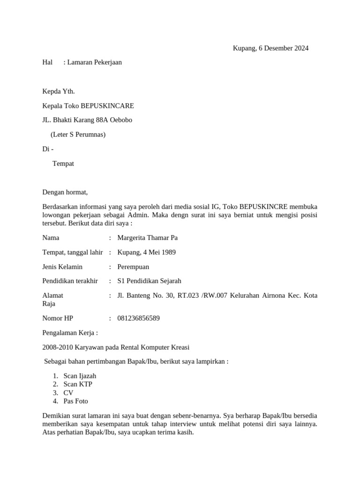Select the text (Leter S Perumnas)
tap(78, 135)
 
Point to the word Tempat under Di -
tap(63, 164)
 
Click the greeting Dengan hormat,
tap(65, 192)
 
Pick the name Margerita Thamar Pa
tap(147, 238)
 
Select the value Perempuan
tap(133, 267)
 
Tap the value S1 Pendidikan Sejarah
tap(149, 281)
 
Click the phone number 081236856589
tap(138, 318)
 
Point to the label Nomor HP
tap(58, 318)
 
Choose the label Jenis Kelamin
tap(62, 267)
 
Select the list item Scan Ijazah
tap(80, 376)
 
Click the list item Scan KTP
tap(78, 384)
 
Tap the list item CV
tap(68, 393)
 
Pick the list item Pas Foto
tap(75, 401)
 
